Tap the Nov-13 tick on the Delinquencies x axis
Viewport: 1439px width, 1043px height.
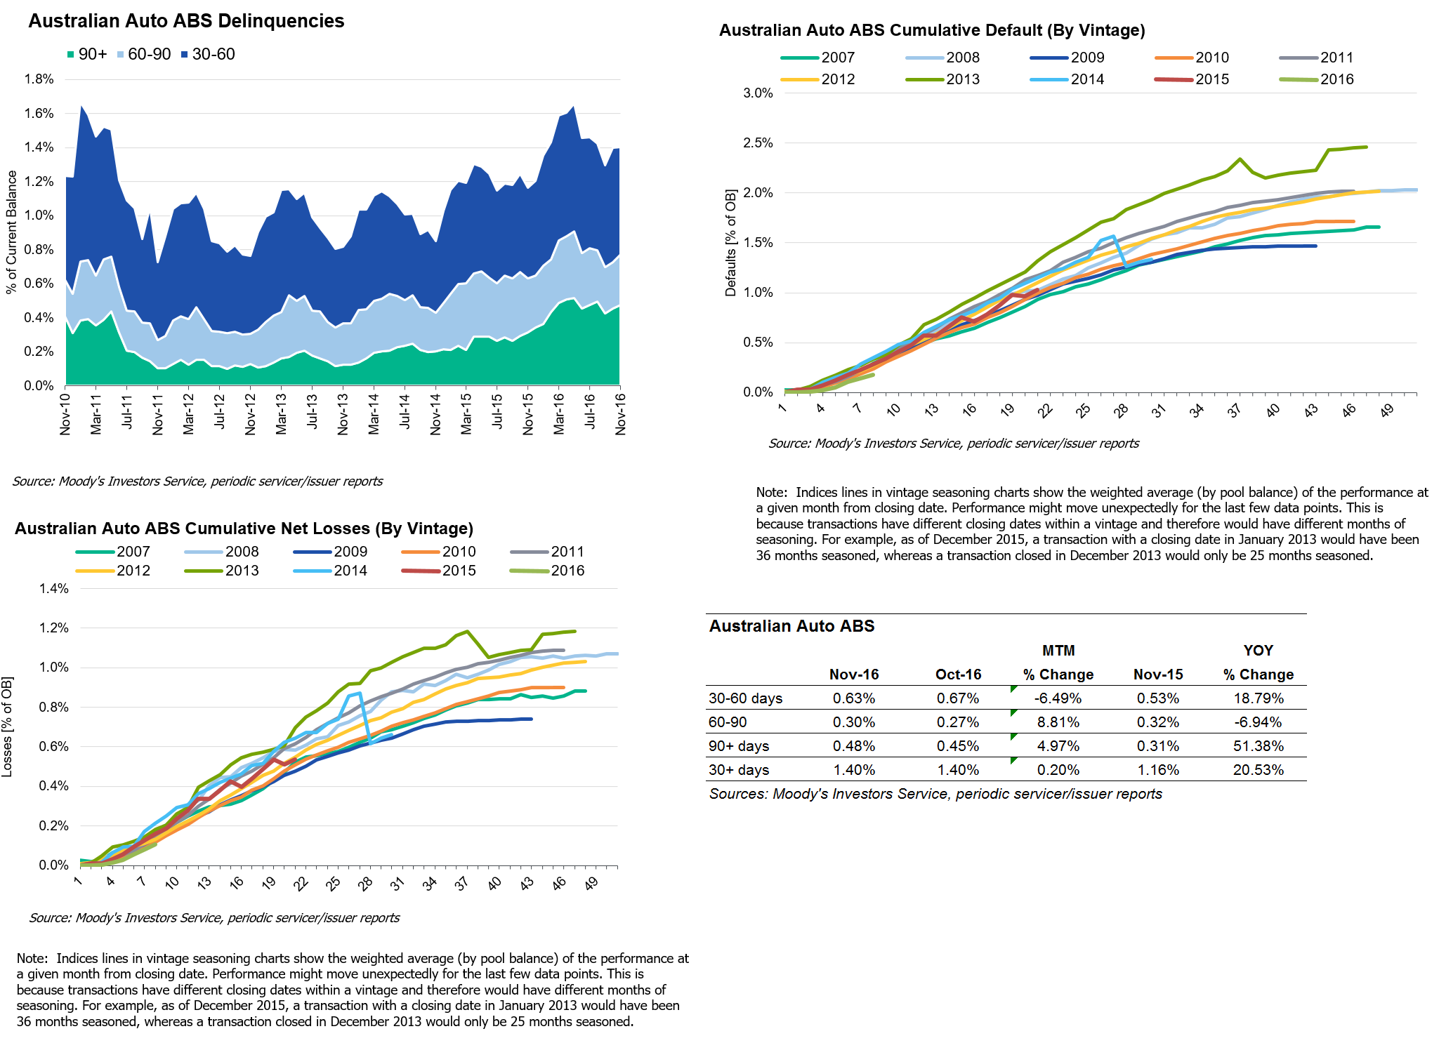click(343, 414)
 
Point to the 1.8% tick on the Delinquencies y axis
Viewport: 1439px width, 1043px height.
click(39, 79)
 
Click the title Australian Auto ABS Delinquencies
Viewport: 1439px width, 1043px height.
click(186, 21)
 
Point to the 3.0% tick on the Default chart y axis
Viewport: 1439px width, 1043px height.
click(758, 93)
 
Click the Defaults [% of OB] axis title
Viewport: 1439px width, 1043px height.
click(731, 243)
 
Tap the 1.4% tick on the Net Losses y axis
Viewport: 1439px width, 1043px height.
click(54, 589)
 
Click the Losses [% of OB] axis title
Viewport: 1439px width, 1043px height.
click(7, 726)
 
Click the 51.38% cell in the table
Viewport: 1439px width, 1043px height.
click(1258, 746)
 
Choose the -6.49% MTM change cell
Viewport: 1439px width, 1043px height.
click(1058, 698)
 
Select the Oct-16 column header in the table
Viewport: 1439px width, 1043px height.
click(958, 675)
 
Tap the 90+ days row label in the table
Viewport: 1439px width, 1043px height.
click(739, 746)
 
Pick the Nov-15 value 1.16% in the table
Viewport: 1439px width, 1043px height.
click(1158, 770)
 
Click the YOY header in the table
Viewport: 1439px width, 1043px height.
click(1258, 651)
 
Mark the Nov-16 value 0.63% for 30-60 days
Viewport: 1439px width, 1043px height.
click(854, 698)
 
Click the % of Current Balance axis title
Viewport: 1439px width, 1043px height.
click(11, 232)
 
